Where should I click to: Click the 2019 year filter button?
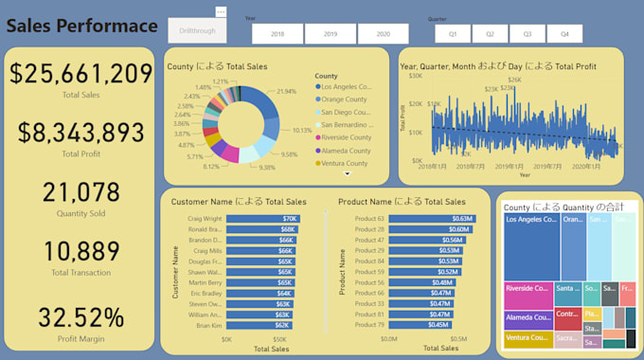331,33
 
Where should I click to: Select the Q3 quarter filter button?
528,33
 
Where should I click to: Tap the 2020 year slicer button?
384,33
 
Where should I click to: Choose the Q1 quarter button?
453,33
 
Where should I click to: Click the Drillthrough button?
196,30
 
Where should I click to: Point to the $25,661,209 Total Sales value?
80,73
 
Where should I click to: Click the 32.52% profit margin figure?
80,316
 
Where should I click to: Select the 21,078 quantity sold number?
80,192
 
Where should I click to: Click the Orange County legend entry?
345,99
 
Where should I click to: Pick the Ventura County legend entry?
345,163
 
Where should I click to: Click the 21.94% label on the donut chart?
286,91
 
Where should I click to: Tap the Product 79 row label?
369,325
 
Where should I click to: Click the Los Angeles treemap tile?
530,246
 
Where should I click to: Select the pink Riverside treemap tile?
528,293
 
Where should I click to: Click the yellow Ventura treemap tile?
528,337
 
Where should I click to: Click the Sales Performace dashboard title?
82,26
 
